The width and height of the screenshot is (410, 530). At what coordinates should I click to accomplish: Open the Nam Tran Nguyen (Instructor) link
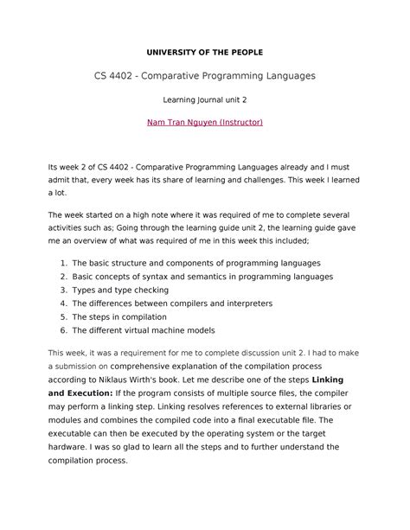click(205, 123)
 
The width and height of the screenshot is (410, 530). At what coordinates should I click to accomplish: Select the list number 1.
click(62, 263)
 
